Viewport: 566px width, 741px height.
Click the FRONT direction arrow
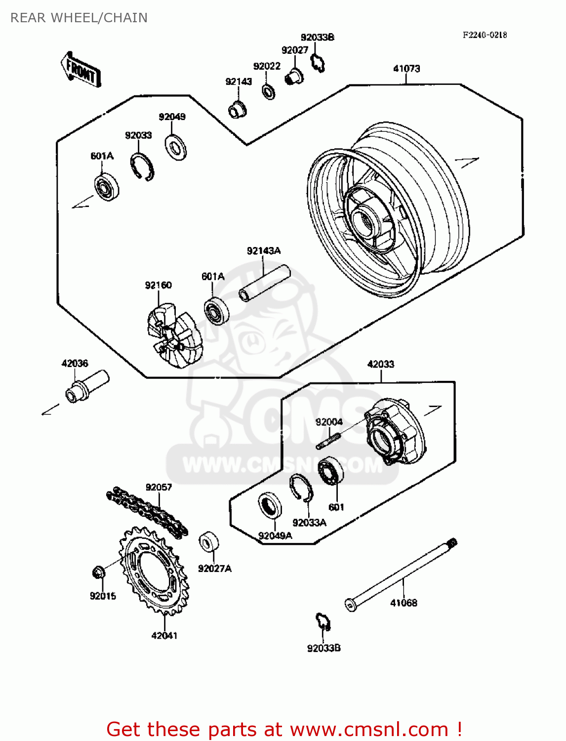(81, 70)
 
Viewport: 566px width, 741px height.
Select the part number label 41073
(406, 69)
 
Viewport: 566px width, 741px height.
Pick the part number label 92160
(158, 285)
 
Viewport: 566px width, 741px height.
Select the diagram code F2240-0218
(485, 35)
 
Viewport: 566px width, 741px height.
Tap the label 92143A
(264, 251)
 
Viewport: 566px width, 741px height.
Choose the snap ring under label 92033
(142, 166)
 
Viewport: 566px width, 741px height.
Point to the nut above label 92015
(98, 573)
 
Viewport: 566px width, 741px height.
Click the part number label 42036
(75, 364)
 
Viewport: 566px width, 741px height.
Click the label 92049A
(275, 535)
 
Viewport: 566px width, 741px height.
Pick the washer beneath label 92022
(268, 91)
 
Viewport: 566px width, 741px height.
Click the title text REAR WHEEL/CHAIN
(79, 18)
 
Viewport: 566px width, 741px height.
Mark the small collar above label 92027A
(208, 542)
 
